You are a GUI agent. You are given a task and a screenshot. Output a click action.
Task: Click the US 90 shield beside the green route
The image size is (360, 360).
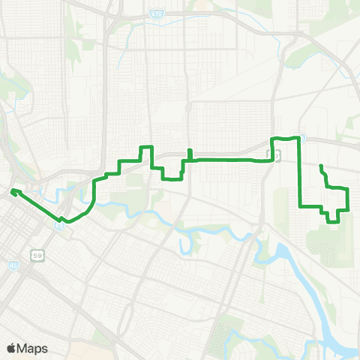pos(274,155)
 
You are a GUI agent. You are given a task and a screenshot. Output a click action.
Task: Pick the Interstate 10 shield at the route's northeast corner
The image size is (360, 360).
pos(301,138)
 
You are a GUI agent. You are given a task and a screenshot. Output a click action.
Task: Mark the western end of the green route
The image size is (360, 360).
pos(12,192)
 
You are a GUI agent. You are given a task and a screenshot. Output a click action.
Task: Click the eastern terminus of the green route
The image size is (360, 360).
pos(321,166)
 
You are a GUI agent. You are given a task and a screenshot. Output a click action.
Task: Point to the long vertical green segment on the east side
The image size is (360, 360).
pos(300,172)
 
